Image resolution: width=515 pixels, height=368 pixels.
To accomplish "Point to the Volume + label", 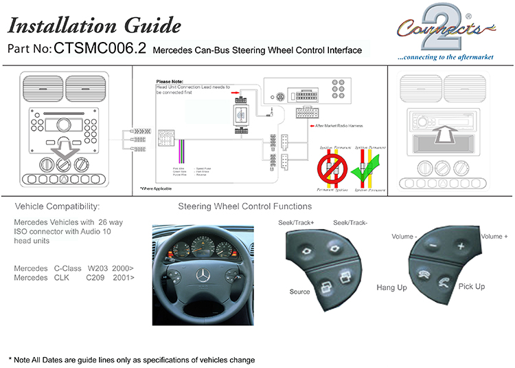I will pyautogui.click(x=494, y=237).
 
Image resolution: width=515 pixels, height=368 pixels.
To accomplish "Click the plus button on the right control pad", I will pyautogui.click(x=460, y=246).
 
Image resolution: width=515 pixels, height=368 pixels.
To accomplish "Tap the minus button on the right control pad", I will pyautogui.click(x=431, y=244).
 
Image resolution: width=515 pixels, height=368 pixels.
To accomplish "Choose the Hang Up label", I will pyautogui.click(x=392, y=288).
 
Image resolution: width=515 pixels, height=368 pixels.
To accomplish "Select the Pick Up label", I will pyautogui.click(x=472, y=286).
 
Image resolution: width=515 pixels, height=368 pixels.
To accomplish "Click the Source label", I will pyautogui.click(x=300, y=292).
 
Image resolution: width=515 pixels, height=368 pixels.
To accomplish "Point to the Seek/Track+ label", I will pyautogui.click(x=296, y=222).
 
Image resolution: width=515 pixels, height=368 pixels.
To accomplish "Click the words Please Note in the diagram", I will pyautogui.click(x=172, y=82).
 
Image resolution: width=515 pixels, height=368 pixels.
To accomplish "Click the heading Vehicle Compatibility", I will pyautogui.click(x=57, y=206).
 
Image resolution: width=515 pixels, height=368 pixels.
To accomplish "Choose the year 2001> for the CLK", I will pyautogui.click(x=124, y=277).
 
